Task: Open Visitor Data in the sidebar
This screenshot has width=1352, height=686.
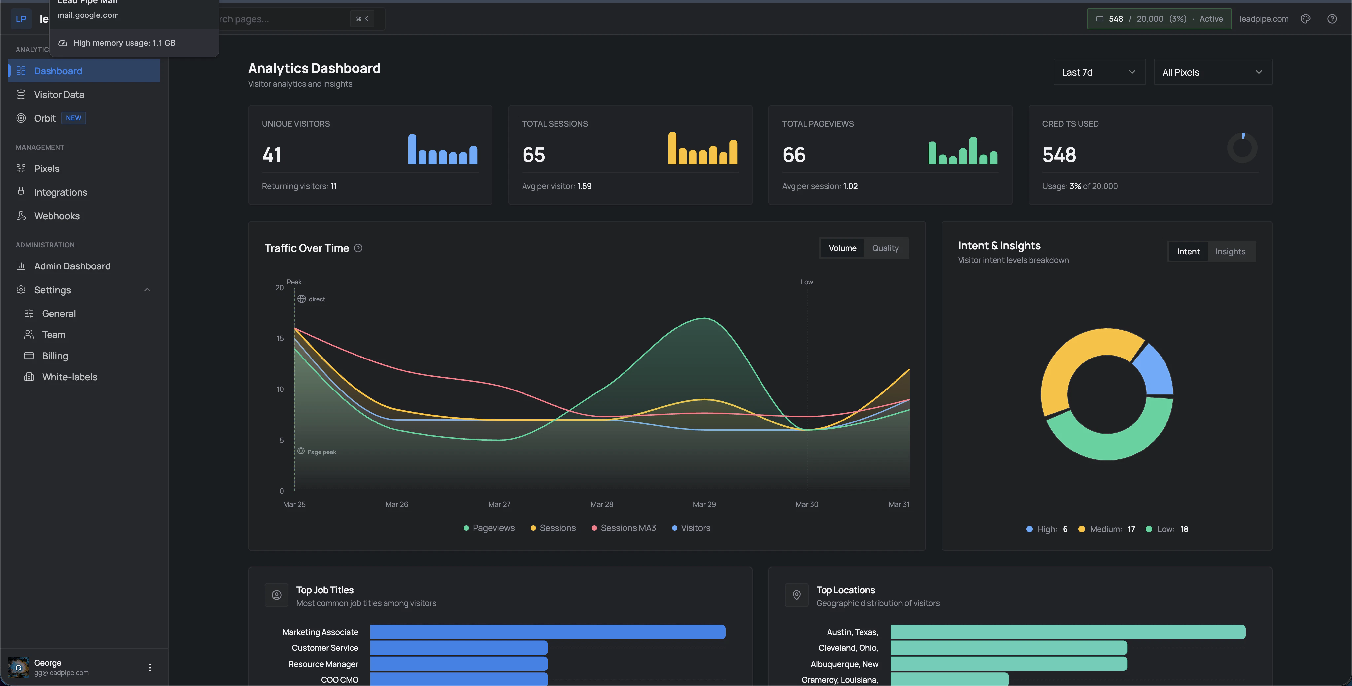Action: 59,94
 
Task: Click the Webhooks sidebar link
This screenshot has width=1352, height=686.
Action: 57,216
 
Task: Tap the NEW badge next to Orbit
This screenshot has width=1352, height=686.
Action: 74,118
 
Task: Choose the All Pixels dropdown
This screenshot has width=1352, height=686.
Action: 1212,72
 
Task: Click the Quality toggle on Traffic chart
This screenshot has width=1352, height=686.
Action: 885,248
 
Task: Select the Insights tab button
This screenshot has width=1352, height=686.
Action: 1230,251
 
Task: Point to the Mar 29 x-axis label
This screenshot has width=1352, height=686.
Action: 704,504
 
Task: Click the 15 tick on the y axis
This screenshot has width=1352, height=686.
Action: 280,338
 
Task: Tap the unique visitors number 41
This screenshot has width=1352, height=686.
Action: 271,155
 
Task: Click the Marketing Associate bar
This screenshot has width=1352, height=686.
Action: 547,632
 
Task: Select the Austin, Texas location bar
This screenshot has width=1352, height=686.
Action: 1067,632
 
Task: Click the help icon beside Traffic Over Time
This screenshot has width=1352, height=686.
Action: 358,248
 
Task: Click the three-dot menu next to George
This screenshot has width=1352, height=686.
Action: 150,667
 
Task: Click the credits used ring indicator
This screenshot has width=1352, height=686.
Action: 1242,148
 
